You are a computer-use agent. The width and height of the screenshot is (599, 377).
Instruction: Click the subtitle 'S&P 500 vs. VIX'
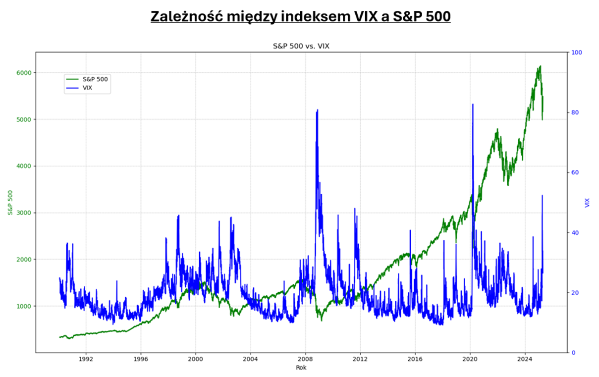(x=301, y=46)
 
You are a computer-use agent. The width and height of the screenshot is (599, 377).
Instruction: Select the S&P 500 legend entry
(x=95, y=79)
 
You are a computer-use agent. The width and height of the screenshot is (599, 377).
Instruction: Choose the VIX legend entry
(x=87, y=88)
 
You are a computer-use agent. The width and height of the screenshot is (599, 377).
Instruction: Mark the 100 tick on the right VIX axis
(x=577, y=53)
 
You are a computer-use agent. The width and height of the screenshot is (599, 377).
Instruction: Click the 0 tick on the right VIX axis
(x=574, y=353)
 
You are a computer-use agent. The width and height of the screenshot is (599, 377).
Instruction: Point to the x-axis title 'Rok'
(x=301, y=368)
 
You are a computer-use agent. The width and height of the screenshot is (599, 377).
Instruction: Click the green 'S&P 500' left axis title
(x=10, y=203)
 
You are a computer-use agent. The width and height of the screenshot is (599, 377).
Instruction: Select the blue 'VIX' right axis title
(x=588, y=203)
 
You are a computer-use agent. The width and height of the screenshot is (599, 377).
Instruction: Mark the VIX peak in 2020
(x=473, y=105)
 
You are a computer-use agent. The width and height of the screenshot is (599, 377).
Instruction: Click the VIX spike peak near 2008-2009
(x=317, y=110)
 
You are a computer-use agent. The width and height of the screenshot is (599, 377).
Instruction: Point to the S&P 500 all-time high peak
(x=540, y=66)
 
